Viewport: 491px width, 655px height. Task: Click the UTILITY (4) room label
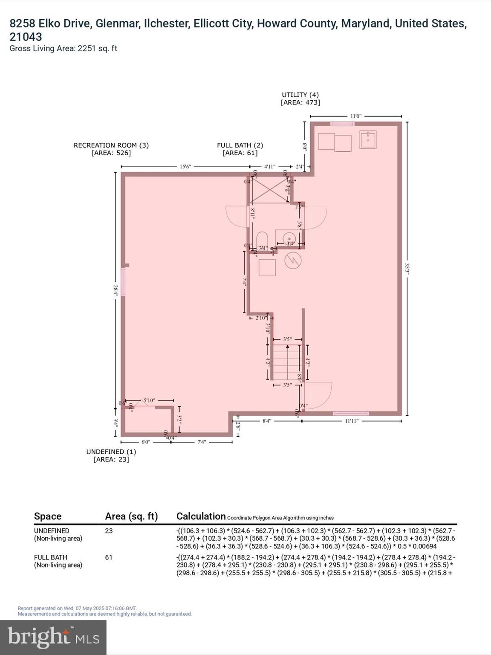[x=300, y=95]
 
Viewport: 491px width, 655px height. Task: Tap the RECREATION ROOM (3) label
[x=111, y=145]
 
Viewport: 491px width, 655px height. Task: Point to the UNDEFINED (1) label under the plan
[x=111, y=452]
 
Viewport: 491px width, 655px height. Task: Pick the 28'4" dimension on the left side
[x=115, y=290]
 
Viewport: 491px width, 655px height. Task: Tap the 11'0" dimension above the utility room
[x=356, y=116]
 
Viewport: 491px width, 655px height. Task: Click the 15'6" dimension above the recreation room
[x=185, y=167]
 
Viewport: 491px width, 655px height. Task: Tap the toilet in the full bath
[x=262, y=238]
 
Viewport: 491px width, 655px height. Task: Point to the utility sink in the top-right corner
[x=367, y=139]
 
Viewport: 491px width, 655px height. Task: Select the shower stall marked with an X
[x=269, y=190]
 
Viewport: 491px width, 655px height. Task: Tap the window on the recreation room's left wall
[x=123, y=281]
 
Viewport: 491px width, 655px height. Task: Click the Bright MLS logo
[x=53, y=638]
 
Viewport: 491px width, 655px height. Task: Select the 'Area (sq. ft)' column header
[x=131, y=516]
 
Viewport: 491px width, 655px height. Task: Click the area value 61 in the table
[x=109, y=557]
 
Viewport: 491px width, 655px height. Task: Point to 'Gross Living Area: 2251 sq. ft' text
[x=63, y=48]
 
